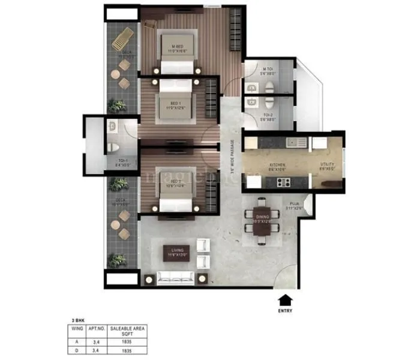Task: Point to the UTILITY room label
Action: click(x=327, y=166)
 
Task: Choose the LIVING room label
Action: click(x=181, y=253)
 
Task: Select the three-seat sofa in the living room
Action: click(x=175, y=278)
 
